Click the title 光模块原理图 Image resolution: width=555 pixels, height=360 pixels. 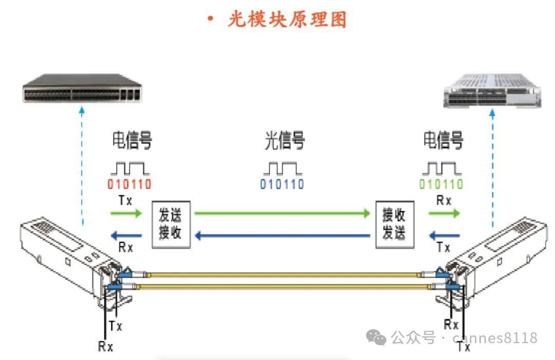(x=287, y=20)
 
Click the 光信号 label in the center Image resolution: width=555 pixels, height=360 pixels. (x=284, y=140)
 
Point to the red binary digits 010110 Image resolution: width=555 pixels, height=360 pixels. (x=129, y=184)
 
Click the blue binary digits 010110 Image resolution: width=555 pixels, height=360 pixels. (x=282, y=184)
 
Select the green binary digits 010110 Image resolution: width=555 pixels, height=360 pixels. (x=441, y=184)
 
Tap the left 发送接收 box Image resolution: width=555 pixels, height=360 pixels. (x=171, y=224)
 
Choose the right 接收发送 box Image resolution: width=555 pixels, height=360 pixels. (x=394, y=224)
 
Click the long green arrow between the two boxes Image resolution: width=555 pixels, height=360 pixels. (x=283, y=212)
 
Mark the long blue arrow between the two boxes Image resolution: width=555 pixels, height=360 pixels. (x=283, y=236)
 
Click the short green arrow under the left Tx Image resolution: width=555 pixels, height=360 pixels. (x=125, y=212)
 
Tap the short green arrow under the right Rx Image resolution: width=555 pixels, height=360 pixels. (x=444, y=212)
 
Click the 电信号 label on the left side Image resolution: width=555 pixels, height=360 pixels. (x=132, y=140)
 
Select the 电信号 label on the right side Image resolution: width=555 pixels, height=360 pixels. (x=443, y=140)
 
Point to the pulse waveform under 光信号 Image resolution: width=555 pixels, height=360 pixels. (x=282, y=168)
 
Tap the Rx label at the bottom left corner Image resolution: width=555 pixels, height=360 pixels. (x=105, y=346)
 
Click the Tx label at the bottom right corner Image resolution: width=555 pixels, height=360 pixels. (x=464, y=347)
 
